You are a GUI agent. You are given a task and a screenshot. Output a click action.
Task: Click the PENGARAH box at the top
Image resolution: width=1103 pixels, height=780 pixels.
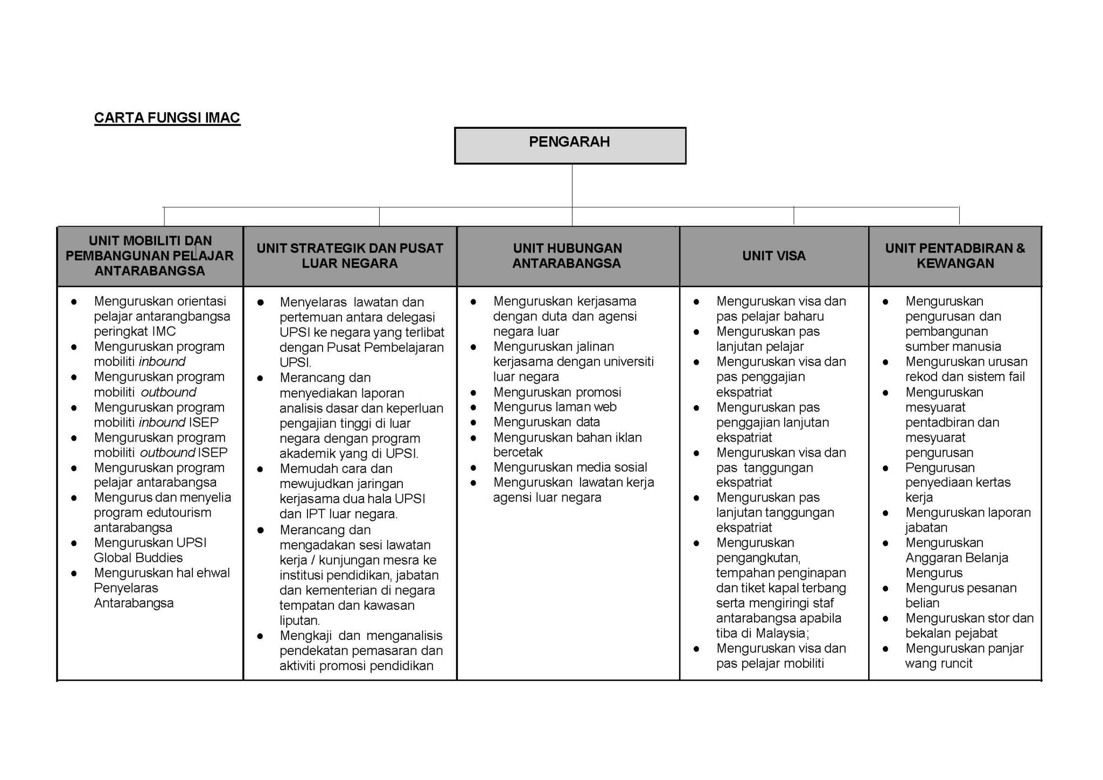pos(570,145)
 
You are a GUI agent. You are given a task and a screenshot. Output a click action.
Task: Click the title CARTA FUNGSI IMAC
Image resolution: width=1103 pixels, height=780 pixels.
pos(167,118)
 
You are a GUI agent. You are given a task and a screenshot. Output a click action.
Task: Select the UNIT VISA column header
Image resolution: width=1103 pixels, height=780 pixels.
pos(773,256)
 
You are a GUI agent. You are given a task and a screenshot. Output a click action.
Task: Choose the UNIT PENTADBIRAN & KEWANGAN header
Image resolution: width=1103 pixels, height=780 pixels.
pos(955,256)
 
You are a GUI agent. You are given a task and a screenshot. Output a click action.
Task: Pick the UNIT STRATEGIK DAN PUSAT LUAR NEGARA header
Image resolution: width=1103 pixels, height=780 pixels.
pos(350,256)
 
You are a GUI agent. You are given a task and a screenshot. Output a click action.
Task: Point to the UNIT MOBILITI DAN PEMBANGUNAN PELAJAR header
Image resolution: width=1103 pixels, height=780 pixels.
pos(150,256)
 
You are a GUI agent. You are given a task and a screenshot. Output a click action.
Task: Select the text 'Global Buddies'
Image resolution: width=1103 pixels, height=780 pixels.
pos(138,558)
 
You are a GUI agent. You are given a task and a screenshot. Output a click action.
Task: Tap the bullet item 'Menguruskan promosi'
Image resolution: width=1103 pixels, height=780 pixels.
pos(557,392)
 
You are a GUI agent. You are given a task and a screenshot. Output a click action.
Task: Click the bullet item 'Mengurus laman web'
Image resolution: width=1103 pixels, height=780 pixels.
pos(555,407)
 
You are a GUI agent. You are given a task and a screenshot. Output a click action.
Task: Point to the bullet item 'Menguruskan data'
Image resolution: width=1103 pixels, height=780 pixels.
pos(546,422)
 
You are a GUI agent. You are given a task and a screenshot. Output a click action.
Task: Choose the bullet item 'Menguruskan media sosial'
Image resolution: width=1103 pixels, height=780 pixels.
pos(570,467)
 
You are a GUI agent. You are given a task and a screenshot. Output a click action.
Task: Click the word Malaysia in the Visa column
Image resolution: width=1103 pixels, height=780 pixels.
pos(780,632)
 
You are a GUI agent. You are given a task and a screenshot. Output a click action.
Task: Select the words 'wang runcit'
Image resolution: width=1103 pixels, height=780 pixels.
pos(938,663)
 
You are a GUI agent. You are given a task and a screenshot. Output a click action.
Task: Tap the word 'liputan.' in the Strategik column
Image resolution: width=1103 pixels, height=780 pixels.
pos(299,621)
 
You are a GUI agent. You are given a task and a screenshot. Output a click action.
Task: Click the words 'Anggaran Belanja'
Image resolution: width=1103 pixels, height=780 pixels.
pos(956,558)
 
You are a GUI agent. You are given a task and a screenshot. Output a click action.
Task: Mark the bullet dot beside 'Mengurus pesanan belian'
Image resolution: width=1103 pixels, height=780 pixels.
pos(885,588)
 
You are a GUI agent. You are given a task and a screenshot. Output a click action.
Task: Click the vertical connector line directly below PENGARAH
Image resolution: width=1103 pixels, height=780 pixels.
pos(572,186)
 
